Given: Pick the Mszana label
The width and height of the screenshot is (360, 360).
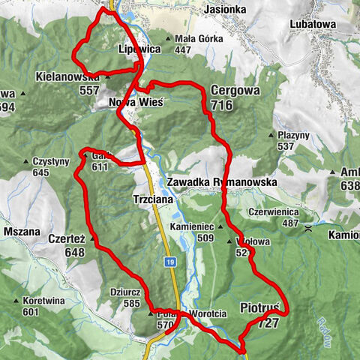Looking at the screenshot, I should pos(21,232).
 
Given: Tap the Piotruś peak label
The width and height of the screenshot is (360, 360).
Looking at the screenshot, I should pos(260,308).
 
